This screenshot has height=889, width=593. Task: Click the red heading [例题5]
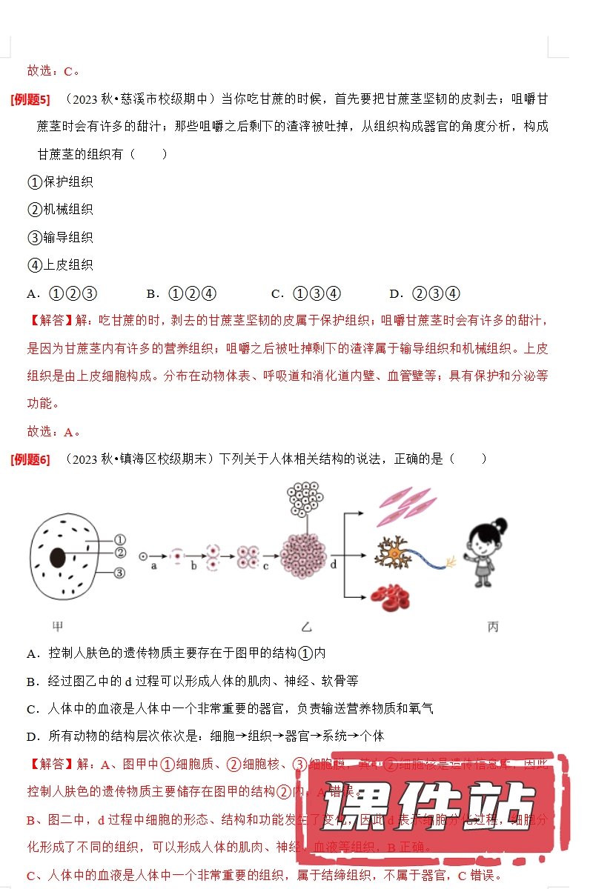click(x=30, y=99)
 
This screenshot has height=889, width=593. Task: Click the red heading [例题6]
click(x=30, y=459)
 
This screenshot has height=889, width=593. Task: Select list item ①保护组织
click(x=60, y=182)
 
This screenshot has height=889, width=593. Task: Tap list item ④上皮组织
click(x=60, y=265)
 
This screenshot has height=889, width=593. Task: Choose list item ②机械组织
click(x=60, y=210)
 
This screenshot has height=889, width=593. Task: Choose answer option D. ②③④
click(x=425, y=293)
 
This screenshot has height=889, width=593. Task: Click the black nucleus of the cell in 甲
click(x=57, y=558)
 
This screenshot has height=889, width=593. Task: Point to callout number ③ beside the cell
click(x=120, y=573)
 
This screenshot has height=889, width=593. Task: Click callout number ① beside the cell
click(x=120, y=540)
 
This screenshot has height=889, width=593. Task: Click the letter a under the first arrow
click(x=154, y=565)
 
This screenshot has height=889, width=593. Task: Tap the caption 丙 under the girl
click(x=493, y=627)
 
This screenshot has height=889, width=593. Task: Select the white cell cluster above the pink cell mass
click(x=305, y=500)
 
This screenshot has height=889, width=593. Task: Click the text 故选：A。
click(x=53, y=432)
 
